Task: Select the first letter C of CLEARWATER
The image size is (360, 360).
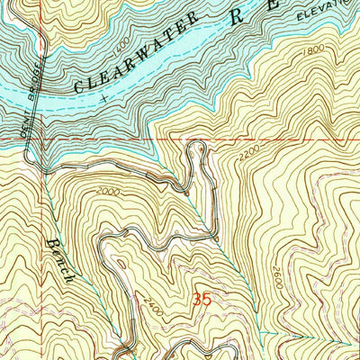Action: click(78, 87)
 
